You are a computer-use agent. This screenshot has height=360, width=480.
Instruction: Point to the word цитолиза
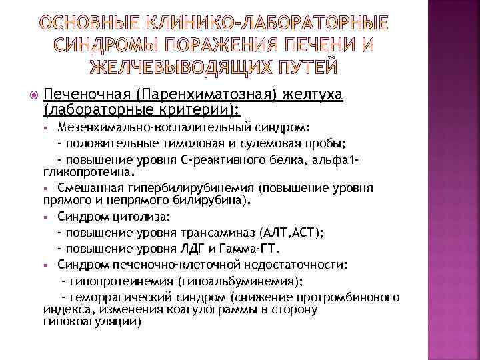(x=127, y=217)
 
